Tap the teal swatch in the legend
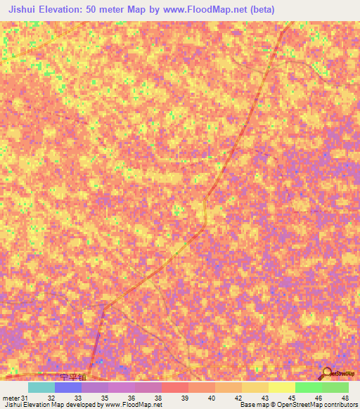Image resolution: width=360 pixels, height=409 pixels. pos(41,387)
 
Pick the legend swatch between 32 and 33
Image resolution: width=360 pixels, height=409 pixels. pos(68,387)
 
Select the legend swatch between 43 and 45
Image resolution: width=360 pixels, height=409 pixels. pos(282,387)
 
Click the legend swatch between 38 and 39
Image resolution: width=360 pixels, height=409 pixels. pos(175,387)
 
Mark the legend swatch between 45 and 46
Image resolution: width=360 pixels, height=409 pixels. pos(309,387)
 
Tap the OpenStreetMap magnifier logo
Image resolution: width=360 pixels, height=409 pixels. pos(326,372)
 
